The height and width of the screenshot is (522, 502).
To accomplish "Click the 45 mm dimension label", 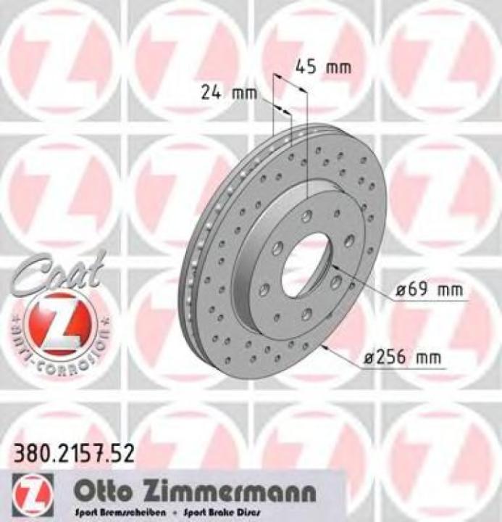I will point(323,67).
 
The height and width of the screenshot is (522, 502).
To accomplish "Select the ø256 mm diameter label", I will point(401,357).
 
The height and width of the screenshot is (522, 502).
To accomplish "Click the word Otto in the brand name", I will point(106,492).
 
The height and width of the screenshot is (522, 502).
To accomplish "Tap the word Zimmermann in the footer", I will point(231,492).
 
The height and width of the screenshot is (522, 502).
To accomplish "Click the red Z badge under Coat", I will point(57,324).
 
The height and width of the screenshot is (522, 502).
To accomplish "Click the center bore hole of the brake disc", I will point(305,265).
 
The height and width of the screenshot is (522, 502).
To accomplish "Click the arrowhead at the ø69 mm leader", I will point(335,269).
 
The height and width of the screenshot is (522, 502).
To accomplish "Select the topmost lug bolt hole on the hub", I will point(308,215).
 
